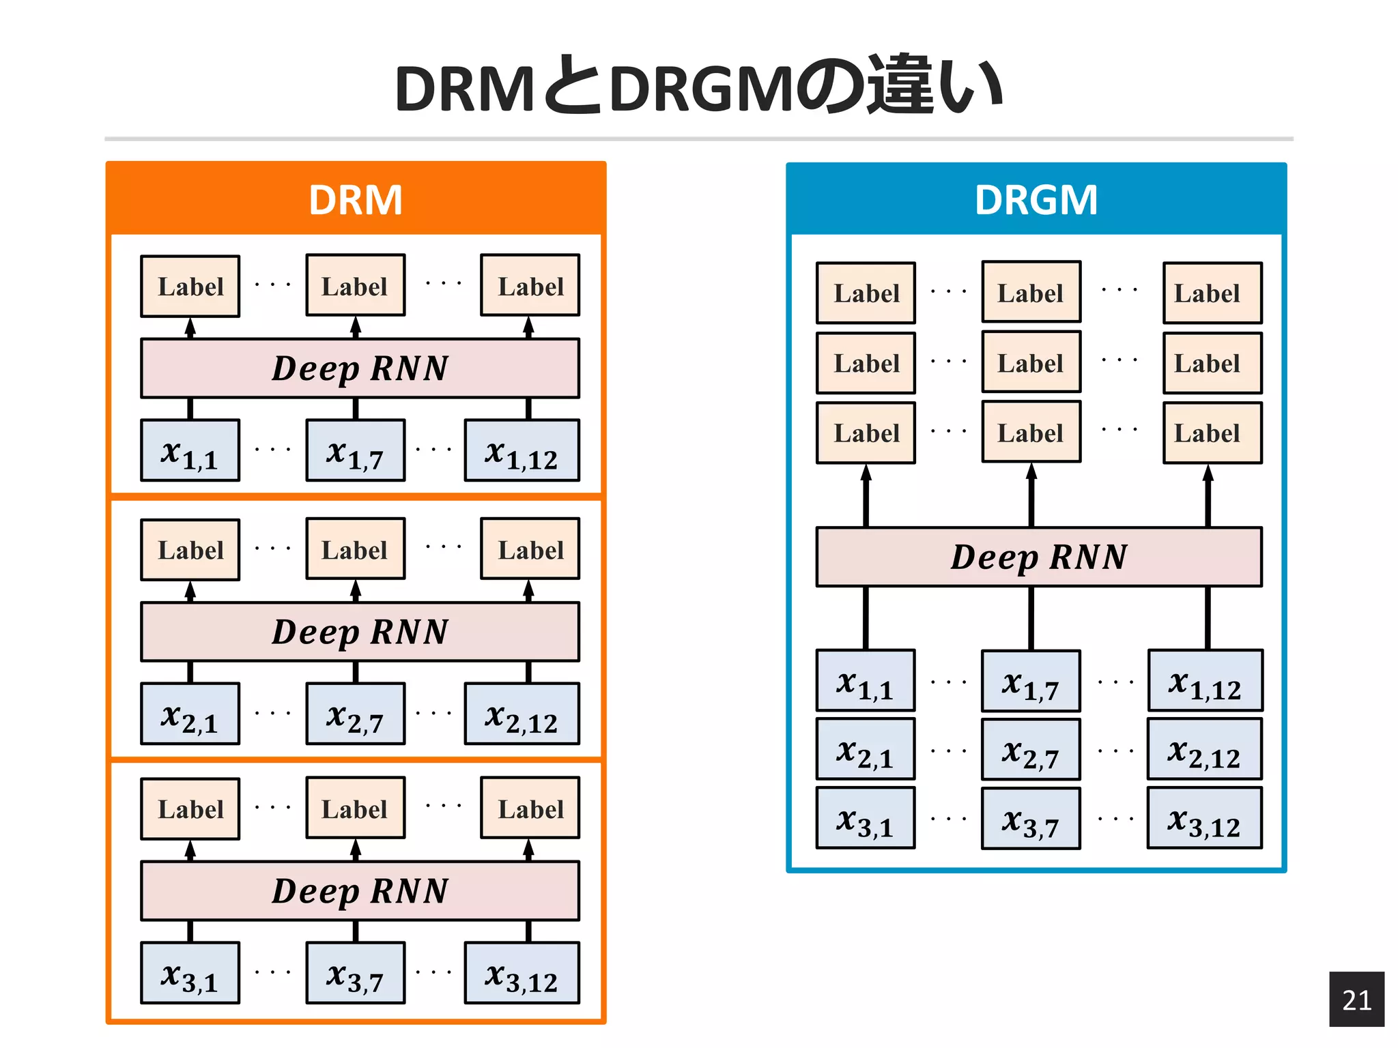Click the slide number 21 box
point(1356,999)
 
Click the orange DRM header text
point(355,200)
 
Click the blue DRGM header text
point(1036,200)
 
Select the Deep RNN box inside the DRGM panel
point(1038,557)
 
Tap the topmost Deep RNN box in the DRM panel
point(360,368)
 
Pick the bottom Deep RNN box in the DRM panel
point(360,891)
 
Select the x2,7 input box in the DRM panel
point(355,714)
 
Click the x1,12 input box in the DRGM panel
point(1205,681)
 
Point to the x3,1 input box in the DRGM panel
point(865,818)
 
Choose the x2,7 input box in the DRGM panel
point(1031,750)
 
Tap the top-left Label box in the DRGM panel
point(866,293)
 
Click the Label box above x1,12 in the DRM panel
point(530,286)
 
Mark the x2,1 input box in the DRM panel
point(190,714)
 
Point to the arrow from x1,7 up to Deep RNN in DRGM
point(1031,617)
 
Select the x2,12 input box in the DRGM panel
point(1205,749)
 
